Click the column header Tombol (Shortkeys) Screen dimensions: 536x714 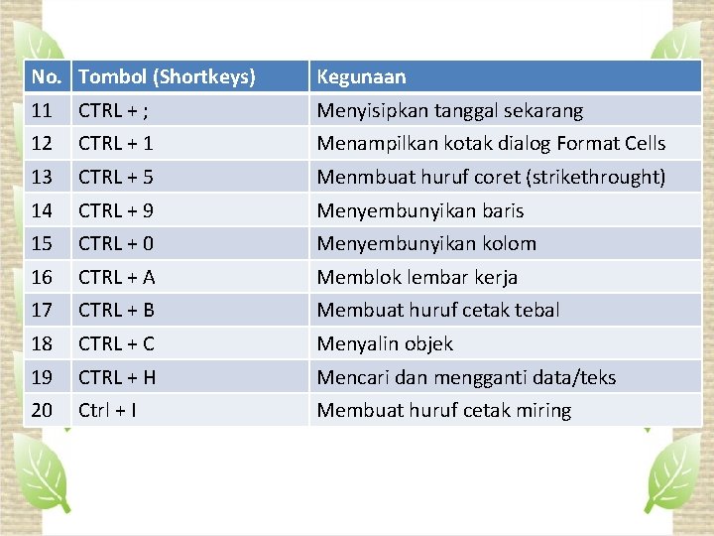click(167, 76)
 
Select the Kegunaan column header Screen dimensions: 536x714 click(361, 76)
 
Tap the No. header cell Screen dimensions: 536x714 click(46, 76)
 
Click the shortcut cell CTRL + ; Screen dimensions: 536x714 click(114, 110)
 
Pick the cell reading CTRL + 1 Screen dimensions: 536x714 click(116, 143)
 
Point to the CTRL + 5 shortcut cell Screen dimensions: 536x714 click(116, 177)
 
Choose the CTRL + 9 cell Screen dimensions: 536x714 click(116, 210)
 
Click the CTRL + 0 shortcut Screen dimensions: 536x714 click(116, 243)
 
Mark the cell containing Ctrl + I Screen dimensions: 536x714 click(107, 410)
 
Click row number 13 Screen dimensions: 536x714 click(42, 177)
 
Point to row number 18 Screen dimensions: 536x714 click(42, 343)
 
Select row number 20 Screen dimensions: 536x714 click(42, 410)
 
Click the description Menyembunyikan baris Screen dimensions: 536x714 click(419, 210)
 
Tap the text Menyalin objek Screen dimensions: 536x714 click(385, 343)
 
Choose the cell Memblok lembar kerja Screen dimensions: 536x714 click(416, 277)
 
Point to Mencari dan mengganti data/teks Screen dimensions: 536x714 click(466, 377)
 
